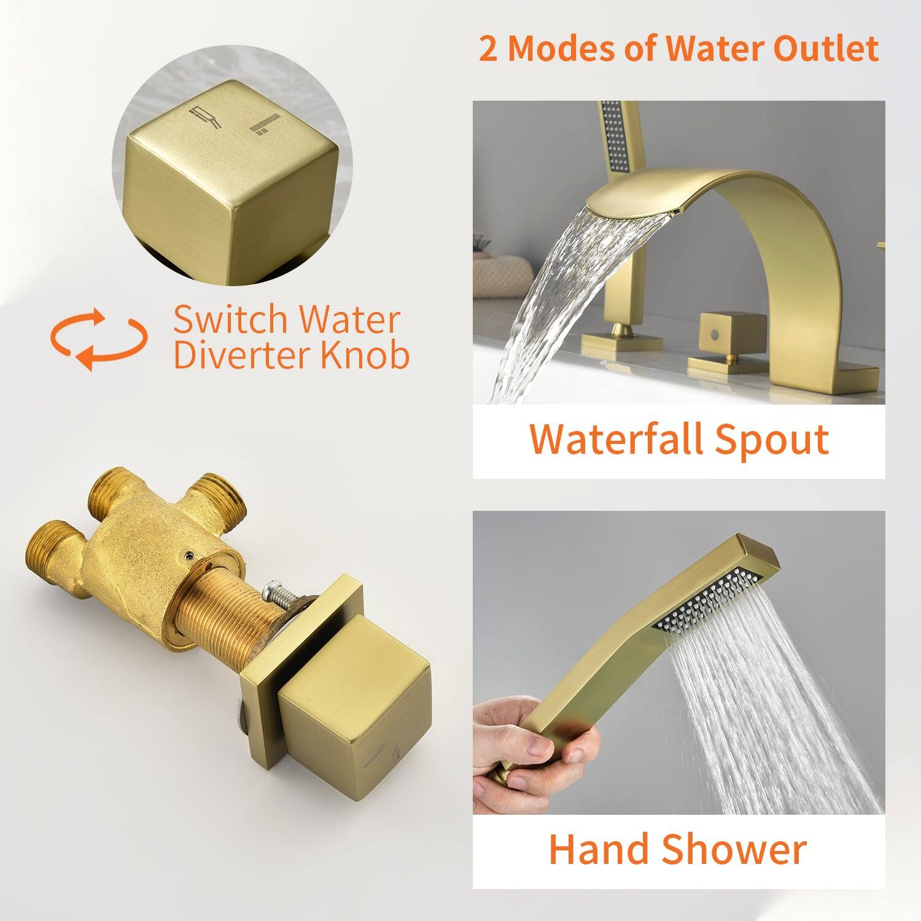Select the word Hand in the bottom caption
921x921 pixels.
598,849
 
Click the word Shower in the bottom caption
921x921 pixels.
734,849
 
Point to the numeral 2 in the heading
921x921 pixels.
489,49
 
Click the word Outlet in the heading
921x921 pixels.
826,49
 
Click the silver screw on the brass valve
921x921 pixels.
274,595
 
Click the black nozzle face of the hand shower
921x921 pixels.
706,599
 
